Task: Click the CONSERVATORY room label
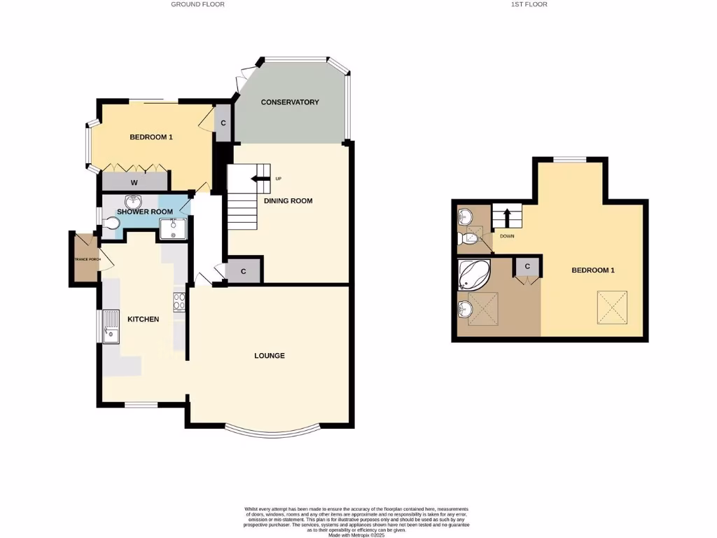290,102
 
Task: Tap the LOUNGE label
270,356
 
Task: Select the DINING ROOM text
288,201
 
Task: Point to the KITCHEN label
143,319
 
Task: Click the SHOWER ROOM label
145,212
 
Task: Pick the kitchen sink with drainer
111,328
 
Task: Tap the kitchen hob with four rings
179,301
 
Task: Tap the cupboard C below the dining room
244,271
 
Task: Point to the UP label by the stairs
278,179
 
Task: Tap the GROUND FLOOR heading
197,4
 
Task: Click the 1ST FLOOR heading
530,4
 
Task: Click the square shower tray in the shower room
172,228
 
